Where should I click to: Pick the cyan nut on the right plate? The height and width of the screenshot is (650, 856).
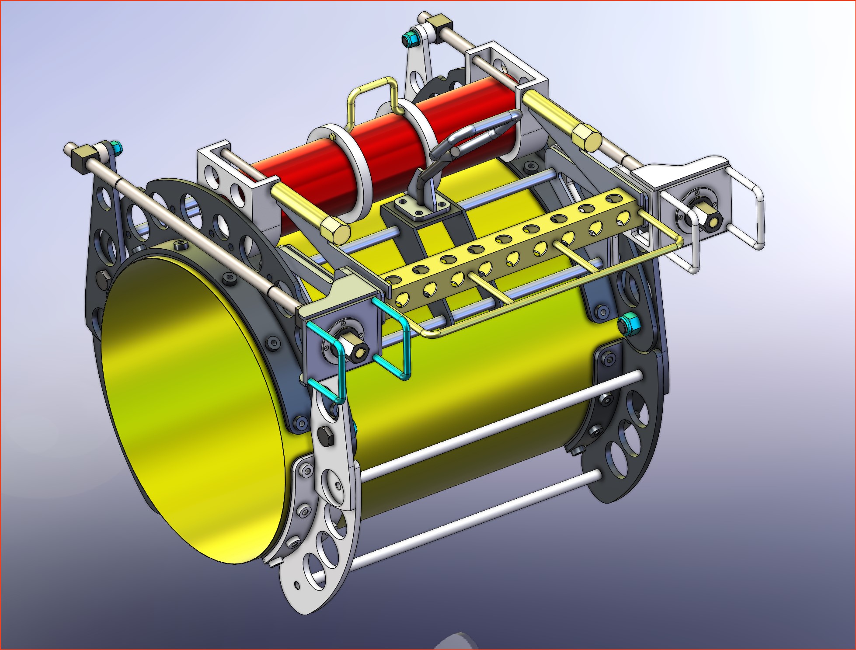pyautogui.click(x=629, y=324)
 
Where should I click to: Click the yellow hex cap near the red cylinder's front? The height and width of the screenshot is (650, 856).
pyautogui.click(x=335, y=230)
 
